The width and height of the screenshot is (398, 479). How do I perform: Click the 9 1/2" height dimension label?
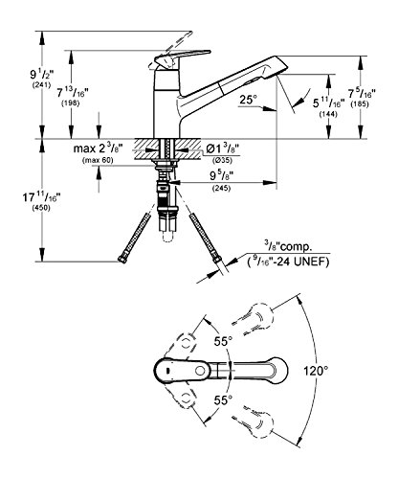coord(42,75)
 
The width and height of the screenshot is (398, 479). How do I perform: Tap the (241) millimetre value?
coord(42,85)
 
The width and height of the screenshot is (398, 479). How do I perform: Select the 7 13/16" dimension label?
coord(73,93)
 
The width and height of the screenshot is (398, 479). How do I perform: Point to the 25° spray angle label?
coord(249,100)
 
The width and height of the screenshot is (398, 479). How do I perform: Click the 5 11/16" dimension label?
coord(328,103)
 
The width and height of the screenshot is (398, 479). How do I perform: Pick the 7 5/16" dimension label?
coord(362,94)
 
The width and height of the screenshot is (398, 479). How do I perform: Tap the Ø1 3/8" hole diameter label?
coord(223,148)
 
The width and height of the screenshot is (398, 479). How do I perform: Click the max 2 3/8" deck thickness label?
coord(98,148)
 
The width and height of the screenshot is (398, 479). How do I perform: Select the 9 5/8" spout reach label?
coord(221,175)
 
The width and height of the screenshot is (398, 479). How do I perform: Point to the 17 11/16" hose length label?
coord(41,197)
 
